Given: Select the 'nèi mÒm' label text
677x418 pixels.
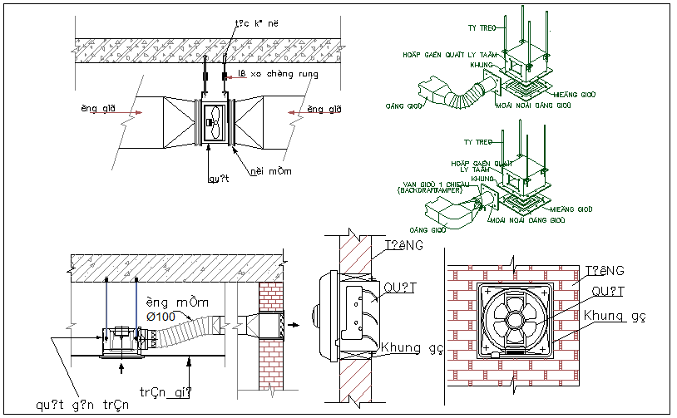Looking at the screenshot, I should tap(274, 172).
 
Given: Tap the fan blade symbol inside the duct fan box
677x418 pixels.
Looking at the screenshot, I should tap(214, 124).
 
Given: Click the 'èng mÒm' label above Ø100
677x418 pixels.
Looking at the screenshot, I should tap(172, 302).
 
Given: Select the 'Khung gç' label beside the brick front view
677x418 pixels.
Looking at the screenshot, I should tap(614, 317).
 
